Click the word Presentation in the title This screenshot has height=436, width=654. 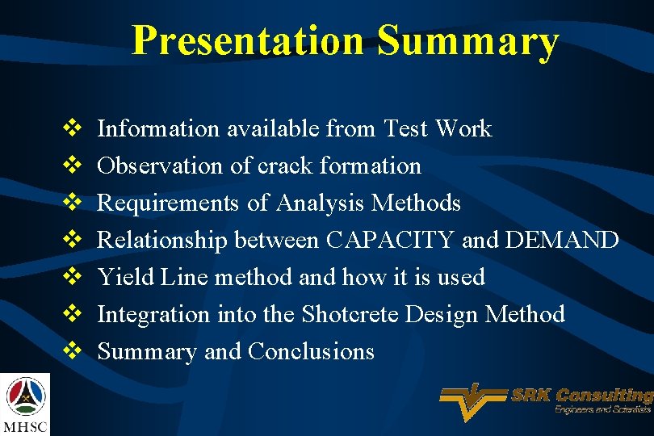247,40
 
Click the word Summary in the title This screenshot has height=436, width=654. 467,40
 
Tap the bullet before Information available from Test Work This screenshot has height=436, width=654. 70,128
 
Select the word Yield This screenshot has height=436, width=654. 118,277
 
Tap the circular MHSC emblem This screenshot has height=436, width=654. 26,395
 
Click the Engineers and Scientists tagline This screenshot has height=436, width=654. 602,410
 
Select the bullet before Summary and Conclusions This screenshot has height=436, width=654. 70,351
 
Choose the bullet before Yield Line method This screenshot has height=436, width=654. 70,277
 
